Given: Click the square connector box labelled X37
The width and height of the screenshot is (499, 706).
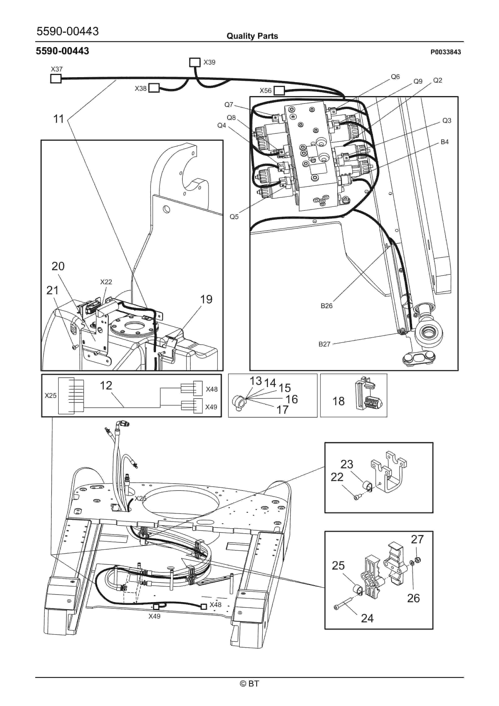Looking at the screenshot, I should [x=56, y=79].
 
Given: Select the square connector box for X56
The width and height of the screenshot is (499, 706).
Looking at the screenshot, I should [x=279, y=91].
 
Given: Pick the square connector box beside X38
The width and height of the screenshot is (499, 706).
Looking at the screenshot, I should [x=154, y=88].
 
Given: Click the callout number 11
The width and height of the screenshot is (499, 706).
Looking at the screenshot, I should [x=58, y=119].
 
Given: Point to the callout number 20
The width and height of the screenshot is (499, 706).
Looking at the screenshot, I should [x=58, y=266].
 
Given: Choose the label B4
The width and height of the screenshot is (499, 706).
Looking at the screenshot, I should [x=444, y=142].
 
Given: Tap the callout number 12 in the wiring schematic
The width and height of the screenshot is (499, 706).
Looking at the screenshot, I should [x=106, y=385].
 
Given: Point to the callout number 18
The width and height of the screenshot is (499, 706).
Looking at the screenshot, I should [x=338, y=401].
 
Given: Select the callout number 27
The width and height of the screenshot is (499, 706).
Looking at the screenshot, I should [x=417, y=539].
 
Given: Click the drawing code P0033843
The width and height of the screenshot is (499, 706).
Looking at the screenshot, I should [x=446, y=52].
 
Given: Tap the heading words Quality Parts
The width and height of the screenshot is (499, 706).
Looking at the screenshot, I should [x=252, y=36].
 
